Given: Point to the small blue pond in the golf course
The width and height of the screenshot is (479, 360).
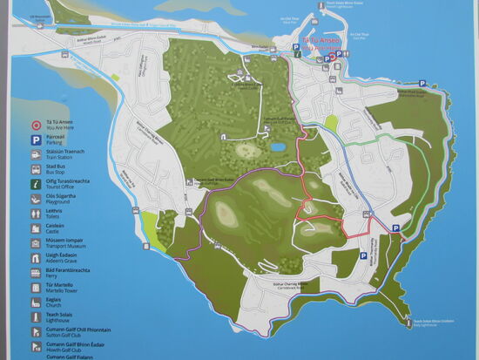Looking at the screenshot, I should tap(276, 147).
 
